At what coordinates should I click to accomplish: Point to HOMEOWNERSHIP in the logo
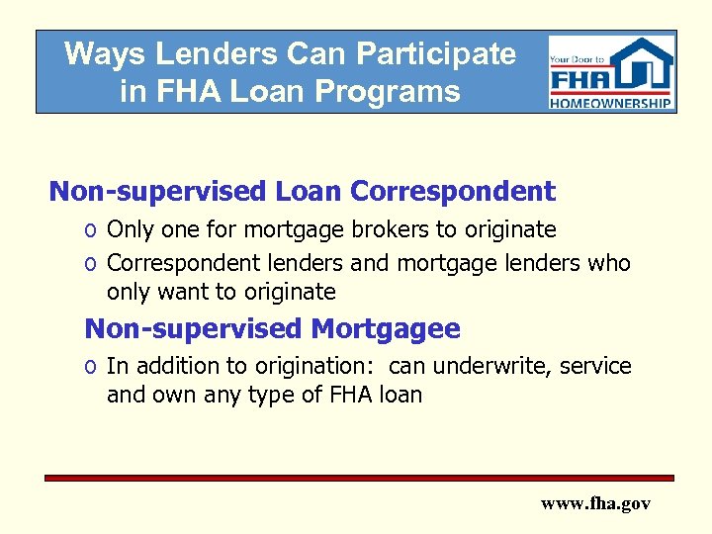[611, 103]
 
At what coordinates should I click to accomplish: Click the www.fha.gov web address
[595, 503]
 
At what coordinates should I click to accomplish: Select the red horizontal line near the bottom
[359, 478]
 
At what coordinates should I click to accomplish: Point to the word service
[595, 366]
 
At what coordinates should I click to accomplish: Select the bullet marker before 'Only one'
[90, 231]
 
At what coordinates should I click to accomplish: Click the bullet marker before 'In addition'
[90, 368]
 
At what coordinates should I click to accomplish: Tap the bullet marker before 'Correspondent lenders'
[90, 265]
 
